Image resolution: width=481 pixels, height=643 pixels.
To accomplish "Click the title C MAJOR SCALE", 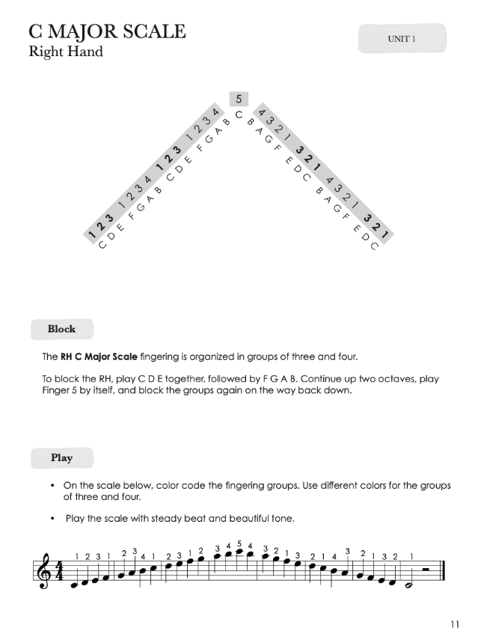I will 107,32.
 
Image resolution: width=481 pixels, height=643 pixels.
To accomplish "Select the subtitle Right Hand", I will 65,52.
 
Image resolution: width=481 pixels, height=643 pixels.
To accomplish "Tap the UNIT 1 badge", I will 402,38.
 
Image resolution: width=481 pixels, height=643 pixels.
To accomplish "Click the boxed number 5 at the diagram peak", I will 239,99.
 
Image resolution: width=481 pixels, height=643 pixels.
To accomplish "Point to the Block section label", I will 61,329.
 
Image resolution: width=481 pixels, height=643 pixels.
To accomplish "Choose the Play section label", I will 61,457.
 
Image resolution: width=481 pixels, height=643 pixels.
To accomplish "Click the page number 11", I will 455,625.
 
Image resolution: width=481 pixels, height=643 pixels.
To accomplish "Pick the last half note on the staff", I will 408,585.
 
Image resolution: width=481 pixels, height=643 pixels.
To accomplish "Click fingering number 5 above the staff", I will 239,544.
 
